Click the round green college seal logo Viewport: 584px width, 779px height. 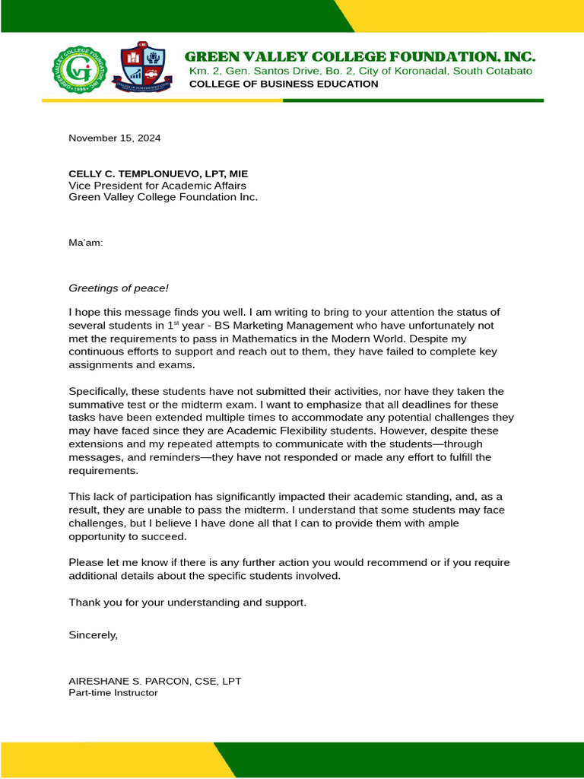(79, 68)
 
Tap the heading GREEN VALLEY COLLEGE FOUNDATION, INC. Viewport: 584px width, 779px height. (360, 56)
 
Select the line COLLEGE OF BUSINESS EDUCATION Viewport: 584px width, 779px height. (283, 84)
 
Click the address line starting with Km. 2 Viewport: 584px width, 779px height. (360, 71)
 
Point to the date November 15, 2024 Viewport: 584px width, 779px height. (115, 138)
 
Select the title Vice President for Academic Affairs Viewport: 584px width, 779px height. (157, 185)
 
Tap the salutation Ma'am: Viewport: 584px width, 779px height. (86, 243)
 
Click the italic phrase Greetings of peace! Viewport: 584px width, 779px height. (119, 288)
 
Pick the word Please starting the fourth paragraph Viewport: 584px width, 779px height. (85, 563)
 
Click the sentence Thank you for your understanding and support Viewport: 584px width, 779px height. (188, 602)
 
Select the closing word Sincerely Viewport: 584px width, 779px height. (93, 634)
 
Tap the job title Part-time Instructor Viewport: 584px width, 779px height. (113, 693)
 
